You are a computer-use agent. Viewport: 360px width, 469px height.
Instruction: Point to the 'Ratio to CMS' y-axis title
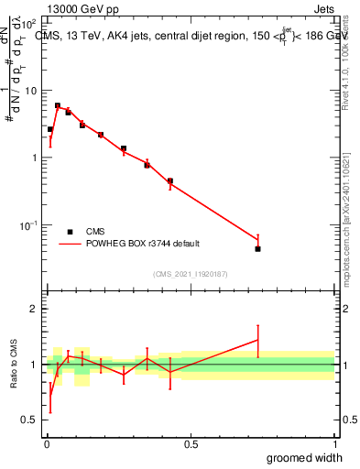click(15, 364)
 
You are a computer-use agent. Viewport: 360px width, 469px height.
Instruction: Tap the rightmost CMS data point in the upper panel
click(258, 248)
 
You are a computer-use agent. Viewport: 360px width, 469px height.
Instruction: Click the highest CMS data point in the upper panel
click(58, 105)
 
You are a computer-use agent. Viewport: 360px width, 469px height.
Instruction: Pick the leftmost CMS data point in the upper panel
click(50, 129)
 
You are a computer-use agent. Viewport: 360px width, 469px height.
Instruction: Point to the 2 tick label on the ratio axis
click(34, 309)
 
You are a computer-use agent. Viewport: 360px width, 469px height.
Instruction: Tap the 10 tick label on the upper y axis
click(30, 91)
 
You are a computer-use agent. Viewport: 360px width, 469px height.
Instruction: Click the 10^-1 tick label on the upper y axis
click(28, 224)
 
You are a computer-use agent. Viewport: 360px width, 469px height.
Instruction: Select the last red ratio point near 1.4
click(258, 340)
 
